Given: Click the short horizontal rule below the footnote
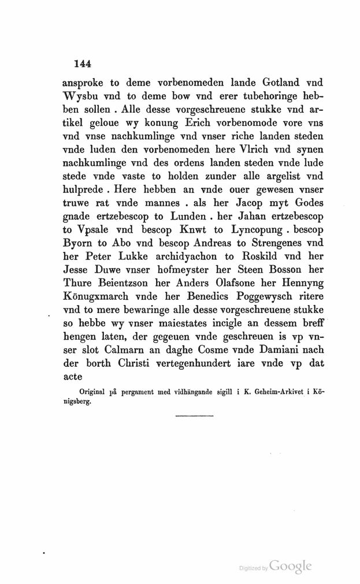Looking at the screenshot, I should [194, 415].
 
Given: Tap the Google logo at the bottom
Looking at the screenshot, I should [290, 567].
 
